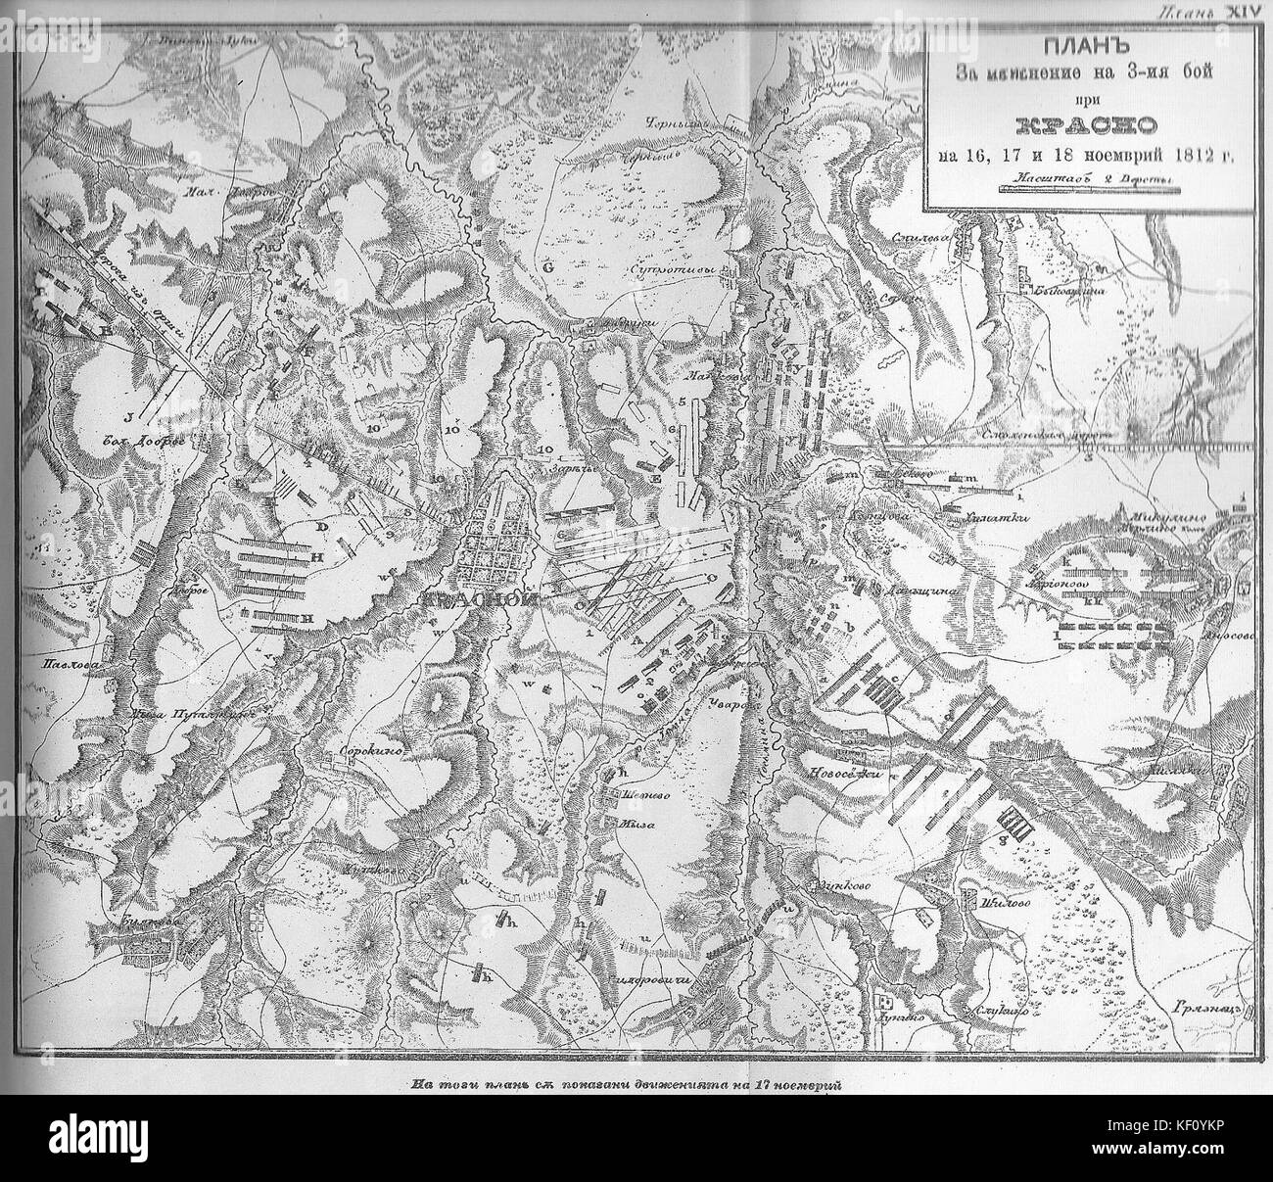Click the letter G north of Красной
point(548,265)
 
